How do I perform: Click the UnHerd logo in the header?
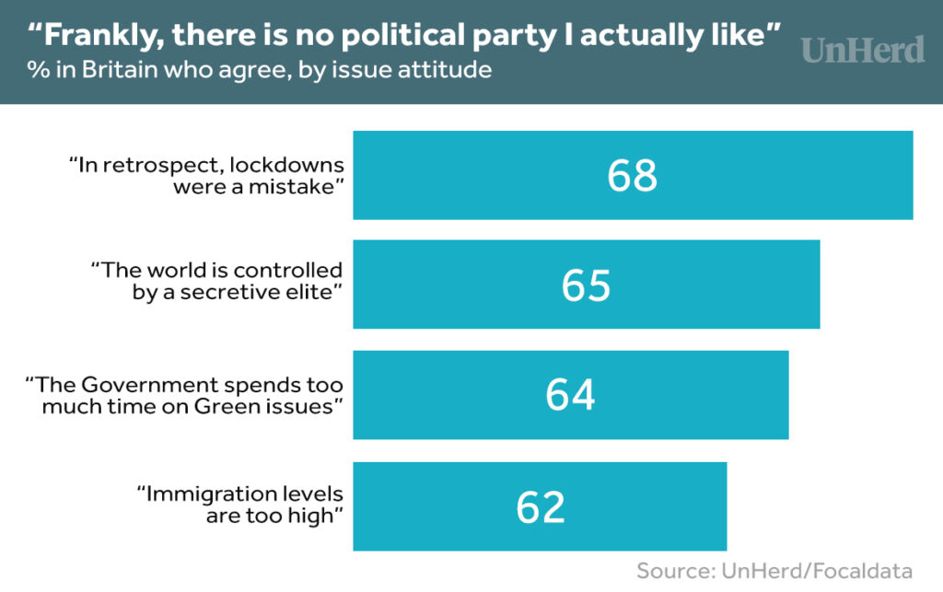[862, 50]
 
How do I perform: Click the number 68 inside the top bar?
[632, 176]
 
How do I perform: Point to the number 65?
[586, 285]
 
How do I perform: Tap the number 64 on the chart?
[570, 395]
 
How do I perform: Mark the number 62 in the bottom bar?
[541, 507]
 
